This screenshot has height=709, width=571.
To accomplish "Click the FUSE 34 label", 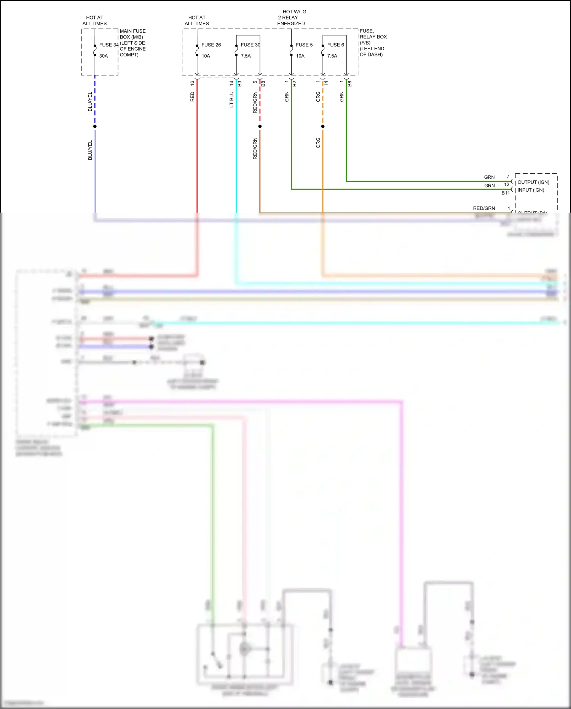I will click(x=108, y=45).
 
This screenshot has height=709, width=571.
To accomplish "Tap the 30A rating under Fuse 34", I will click(x=104, y=56).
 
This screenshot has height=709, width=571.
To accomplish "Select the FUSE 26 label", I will click(x=211, y=45).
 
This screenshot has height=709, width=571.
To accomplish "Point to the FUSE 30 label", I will click(x=250, y=45).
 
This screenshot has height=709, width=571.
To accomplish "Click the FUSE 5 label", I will click(x=304, y=45).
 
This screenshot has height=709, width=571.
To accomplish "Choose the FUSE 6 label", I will click(x=335, y=45).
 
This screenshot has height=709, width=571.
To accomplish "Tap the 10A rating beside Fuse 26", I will click(x=206, y=56).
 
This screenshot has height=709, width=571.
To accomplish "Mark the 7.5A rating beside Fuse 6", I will click(x=332, y=56).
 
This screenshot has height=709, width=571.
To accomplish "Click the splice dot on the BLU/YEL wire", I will click(x=95, y=126).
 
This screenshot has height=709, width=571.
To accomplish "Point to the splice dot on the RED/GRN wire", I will click(x=260, y=126).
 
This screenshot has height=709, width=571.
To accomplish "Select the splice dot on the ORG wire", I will click(x=323, y=126).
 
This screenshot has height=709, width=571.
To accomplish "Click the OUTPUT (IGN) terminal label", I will click(x=533, y=182).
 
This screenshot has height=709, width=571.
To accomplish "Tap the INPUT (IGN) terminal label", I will click(x=531, y=190).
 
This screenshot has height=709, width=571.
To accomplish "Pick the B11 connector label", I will click(x=505, y=193).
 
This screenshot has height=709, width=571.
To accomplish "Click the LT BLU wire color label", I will click(x=231, y=99).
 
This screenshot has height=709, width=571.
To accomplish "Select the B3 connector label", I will click(x=240, y=84).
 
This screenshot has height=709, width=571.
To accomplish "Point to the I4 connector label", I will click(x=326, y=83).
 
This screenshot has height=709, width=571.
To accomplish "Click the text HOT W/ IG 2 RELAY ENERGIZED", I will click(x=291, y=18).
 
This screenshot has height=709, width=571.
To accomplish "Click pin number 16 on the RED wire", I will click(x=192, y=83).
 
